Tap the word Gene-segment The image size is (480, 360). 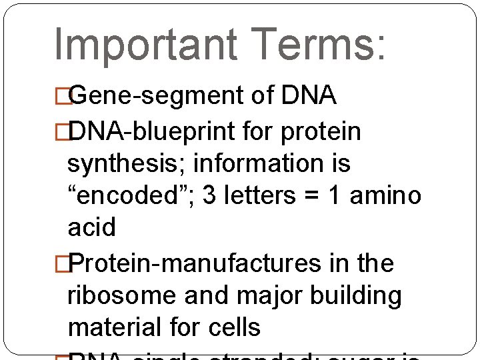click(156, 97)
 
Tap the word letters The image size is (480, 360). click(257, 195)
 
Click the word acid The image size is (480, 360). click(92, 227)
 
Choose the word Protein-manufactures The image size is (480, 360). click(194, 264)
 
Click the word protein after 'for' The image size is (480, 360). click(321, 132)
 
